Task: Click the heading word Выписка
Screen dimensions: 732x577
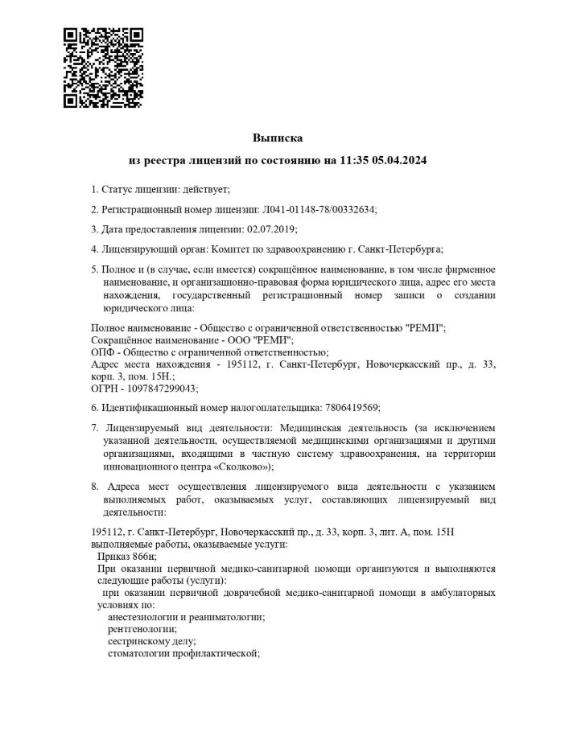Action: click(278, 138)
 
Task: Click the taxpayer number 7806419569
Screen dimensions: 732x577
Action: click(351, 408)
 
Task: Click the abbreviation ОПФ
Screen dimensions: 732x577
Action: click(102, 352)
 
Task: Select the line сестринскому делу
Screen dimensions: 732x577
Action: click(151, 641)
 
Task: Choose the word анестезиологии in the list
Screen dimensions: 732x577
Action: click(143, 617)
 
